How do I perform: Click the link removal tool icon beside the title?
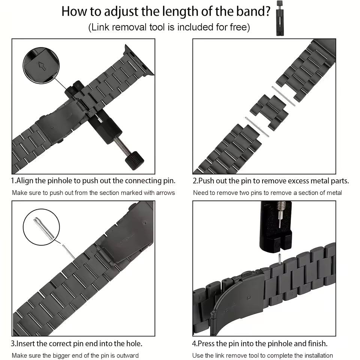point(279,18)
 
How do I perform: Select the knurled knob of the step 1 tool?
point(134,160)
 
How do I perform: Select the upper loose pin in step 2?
point(283,96)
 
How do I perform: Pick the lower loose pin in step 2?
point(257,126)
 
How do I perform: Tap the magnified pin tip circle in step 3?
point(41,227)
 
